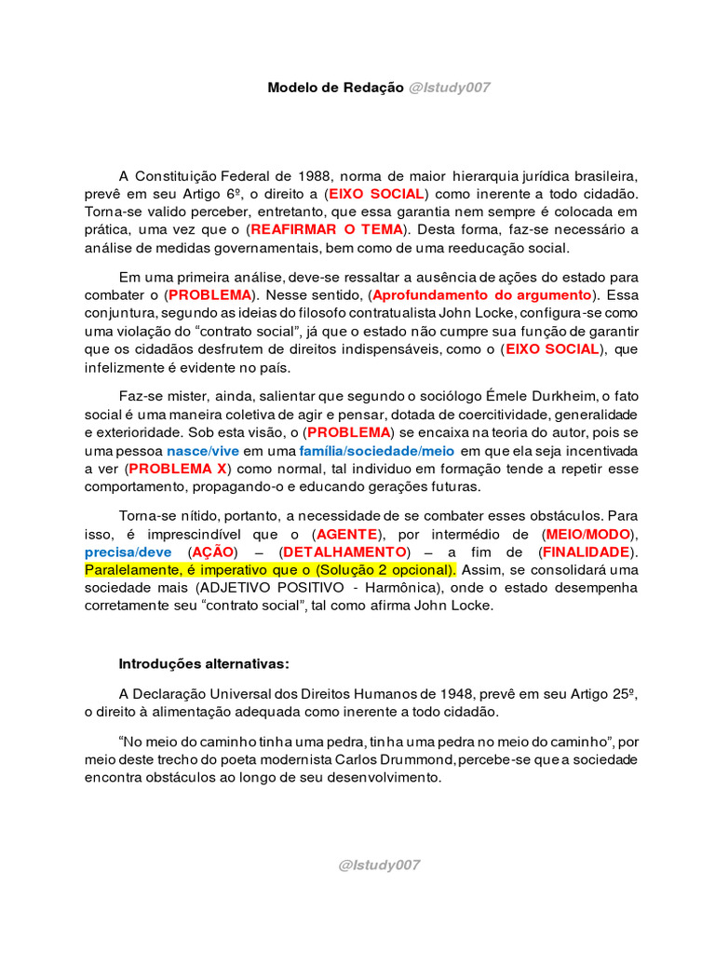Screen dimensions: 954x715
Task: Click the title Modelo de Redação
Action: click(335, 88)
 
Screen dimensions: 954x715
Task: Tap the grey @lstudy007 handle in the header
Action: click(449, 88)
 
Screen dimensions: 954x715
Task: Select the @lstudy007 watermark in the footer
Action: click(379, 865)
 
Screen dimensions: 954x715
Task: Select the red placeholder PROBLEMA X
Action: click(178, 468)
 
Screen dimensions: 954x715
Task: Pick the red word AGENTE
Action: click(347, 534)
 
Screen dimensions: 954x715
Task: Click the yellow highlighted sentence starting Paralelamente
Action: click(270, 569)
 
